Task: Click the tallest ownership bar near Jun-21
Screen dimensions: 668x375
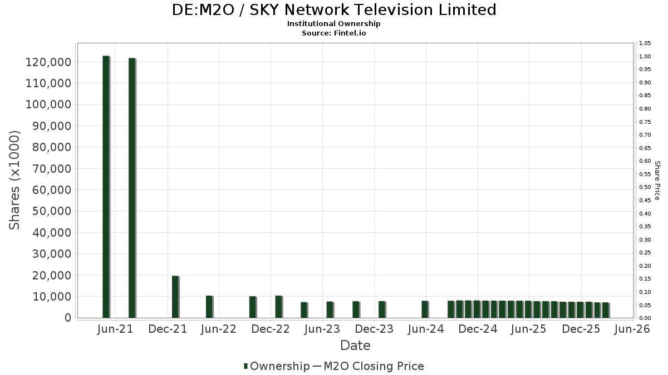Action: pos(106,187)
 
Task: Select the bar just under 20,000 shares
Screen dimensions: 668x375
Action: pos(176,297)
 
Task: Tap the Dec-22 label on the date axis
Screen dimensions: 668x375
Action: pos(271,329)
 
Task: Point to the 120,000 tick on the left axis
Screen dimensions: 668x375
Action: pos(48,62)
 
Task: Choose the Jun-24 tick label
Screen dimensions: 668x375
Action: pos(426,329)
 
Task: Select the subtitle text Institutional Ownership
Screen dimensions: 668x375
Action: pos(333,24)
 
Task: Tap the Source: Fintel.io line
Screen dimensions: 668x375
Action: pos(333,33)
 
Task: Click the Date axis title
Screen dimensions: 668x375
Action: pos(355,346)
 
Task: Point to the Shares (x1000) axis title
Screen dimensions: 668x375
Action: pos(14,180)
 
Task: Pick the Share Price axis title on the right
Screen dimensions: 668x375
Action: pos(657,181)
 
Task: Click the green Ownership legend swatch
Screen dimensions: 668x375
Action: pos(245,366)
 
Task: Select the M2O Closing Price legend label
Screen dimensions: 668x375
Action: pos(374,366)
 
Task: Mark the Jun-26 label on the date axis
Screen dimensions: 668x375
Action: pos(632,329)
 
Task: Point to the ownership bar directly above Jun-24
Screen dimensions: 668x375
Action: pos(425,309)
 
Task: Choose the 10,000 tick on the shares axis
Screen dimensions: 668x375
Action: pos(52,297)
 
